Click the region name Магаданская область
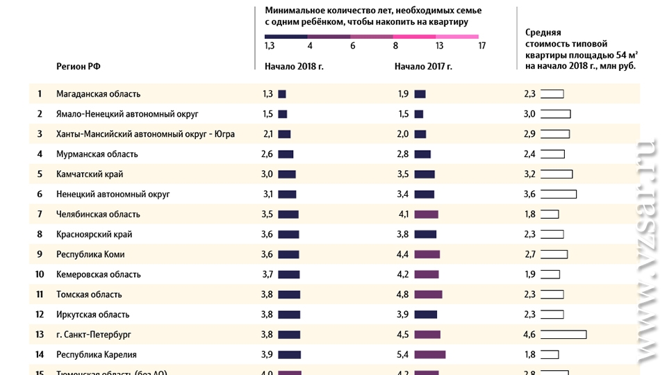click(x=98, y=94)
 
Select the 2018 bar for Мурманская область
click(x=286, y=154)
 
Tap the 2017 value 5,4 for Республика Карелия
click(x=403, y=355)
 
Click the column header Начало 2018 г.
click(x=294, y=67)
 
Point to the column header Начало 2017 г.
click(x=423, y=67)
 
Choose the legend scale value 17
click(x=481, y=46)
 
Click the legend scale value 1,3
click(x=270, y=46)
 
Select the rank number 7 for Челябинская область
click(x=40, y=215)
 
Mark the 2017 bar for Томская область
click(x=428, y=294)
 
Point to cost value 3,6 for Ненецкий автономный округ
click(x=529, y=194)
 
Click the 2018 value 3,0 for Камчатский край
click(x=267, y=174)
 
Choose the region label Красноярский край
click(x=94, y=235)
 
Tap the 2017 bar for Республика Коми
click(x=427, y=255)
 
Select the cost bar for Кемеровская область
click(x=550, y=274)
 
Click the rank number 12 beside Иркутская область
click(x=40, y=315)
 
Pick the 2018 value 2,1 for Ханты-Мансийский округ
click(x=267, y=134)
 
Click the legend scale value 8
click(x=395, y=46)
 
